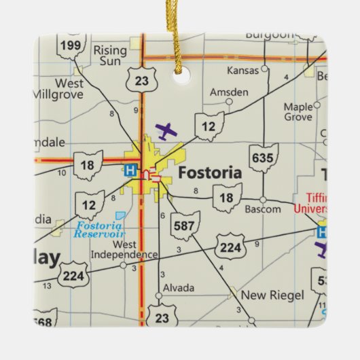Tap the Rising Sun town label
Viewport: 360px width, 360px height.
(x=109, y=55)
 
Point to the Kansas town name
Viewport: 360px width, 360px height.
(x=244, y=70)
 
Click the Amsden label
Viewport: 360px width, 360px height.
(x=229, y=92)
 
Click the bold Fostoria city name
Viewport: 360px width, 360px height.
(x=209, y=173)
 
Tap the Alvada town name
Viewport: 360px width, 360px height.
(x=179, y=288)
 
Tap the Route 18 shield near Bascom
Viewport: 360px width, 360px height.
(x=227, y=198)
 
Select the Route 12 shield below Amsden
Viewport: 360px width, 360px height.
(x=209, y=127)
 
